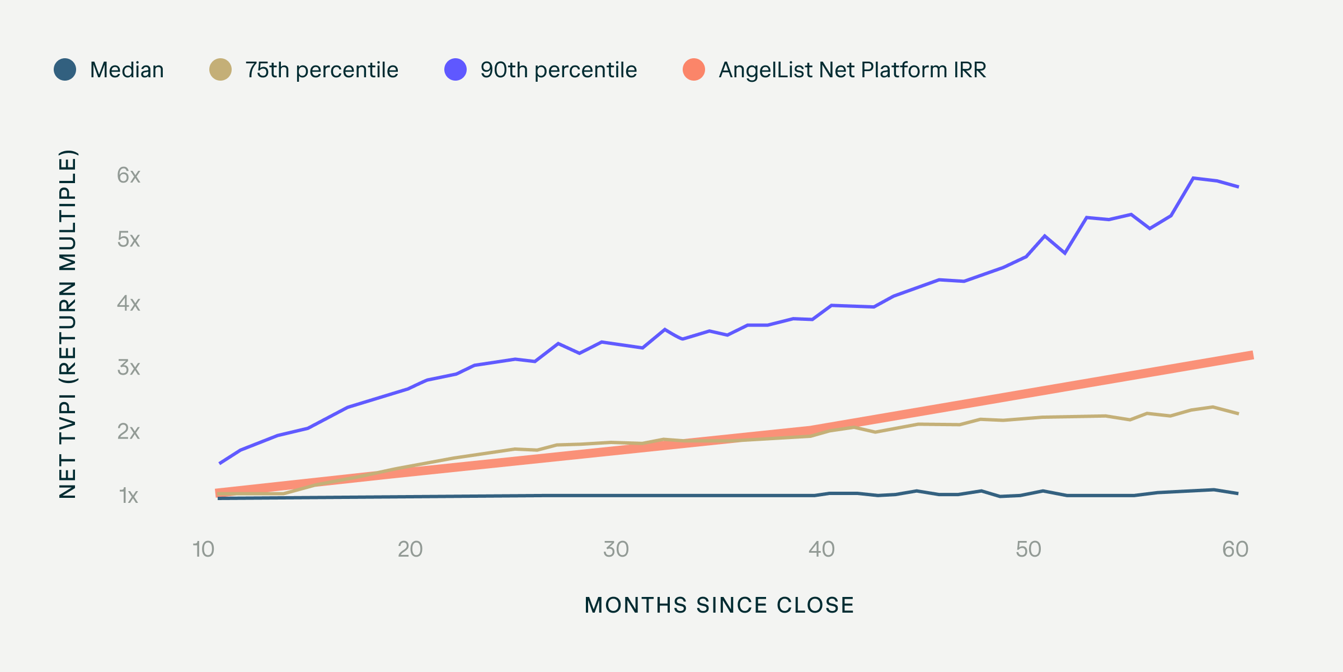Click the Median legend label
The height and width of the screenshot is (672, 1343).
coord(126,70)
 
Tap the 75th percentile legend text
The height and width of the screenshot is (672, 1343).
coord(322,70)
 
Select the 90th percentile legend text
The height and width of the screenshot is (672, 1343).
coord(558,70)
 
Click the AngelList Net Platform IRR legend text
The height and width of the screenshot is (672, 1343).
coord(852,70)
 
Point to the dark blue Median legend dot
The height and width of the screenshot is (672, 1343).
coord(65,69)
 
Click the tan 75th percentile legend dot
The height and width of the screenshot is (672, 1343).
coord(220,69)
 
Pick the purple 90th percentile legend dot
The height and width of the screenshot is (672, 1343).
coord(456,69)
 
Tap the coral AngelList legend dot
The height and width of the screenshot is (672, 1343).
coord(694,69)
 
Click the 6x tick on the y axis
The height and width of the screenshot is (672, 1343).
coord(129,175)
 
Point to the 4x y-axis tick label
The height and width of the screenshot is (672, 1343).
coord(129,304)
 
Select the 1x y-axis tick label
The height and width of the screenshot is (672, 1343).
coord(129,496)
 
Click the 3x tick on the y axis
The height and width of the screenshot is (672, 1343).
coord(129,368)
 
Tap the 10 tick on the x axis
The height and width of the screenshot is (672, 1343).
coord(204,549)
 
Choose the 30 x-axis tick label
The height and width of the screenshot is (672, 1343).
coord(616,549)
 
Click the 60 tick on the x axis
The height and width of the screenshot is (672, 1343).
coord(1235,549)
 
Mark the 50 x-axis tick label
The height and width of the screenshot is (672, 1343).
coord(1029,549)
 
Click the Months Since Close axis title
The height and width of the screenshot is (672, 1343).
coord(719,605)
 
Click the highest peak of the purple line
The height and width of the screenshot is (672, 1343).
coord(1194,178)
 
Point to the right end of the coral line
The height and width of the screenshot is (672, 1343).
coord(1251,355)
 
